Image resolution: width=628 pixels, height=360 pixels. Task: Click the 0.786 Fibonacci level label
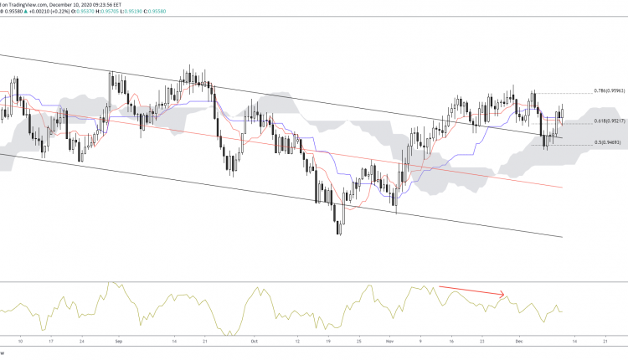pyautogui.click(x=611, y=90)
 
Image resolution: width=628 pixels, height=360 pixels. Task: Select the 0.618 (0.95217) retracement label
pyautogui.click(x=611, y=121)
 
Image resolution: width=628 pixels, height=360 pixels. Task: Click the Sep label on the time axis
pyautogui.click(x=118, y=342)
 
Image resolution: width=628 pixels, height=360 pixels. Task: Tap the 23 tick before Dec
pyautogui.click(x=483, y=342)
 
